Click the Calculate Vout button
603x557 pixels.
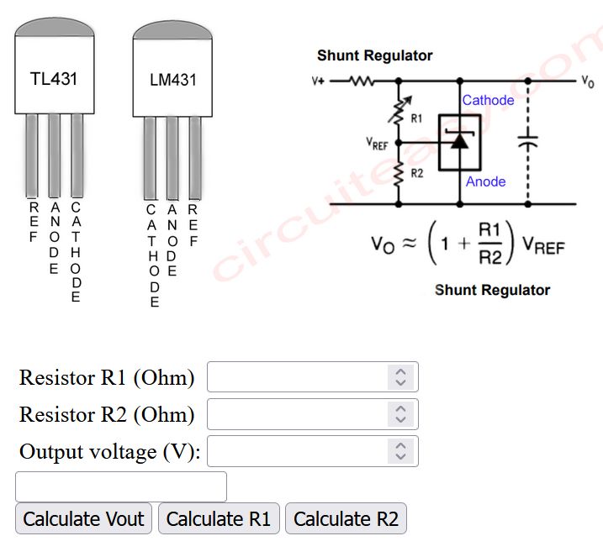pos(83,518)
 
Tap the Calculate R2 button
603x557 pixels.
pos(346,518)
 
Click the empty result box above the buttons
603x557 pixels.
pos(121,486)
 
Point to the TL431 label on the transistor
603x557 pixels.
pos(53,80)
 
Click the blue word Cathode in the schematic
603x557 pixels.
pos(488,100)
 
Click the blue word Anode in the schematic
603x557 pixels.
pos(486,181)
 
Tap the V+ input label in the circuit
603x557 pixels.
pos(318,82)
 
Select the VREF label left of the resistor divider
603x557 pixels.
pos(377,145)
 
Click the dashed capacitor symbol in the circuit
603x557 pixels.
pos(527,143)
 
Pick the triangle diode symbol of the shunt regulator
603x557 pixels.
pos(459,140)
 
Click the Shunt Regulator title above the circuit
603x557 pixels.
pos(374,55)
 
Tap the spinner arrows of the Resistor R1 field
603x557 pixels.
pos(401,377)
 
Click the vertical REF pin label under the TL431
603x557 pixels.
pos(34,222)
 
